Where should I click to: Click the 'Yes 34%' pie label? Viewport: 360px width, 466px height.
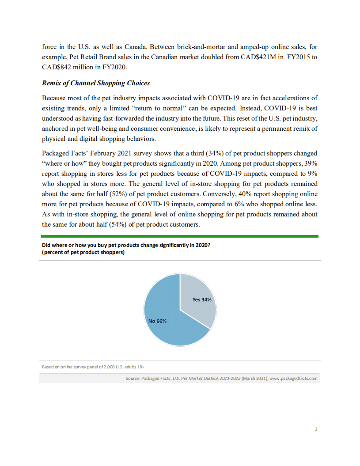point(202,299)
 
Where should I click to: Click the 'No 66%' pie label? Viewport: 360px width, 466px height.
point(157,321)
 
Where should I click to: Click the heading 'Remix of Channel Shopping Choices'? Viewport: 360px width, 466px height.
point(96,83)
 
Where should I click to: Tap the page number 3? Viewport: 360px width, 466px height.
point(316,429)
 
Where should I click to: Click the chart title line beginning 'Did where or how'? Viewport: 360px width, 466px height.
point(125,246)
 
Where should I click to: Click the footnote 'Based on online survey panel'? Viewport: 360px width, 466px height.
point(94,367)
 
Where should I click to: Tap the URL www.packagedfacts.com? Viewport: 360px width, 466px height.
point(293,379)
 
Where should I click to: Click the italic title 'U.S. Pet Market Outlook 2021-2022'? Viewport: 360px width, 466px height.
point(207,379)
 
